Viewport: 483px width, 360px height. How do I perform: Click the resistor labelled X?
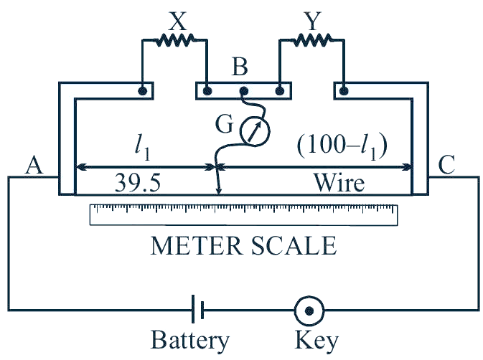(175, 40)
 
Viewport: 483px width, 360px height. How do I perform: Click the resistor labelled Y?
(312, 40)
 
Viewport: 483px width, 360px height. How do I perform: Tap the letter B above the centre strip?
(240, 67)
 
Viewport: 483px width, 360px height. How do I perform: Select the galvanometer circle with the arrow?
(255, 131)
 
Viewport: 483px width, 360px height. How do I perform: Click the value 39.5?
(137, 183)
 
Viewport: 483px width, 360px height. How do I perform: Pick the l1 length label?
(143, 148)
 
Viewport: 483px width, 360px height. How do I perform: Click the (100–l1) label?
(342, 146)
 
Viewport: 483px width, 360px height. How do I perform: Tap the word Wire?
(339, 183)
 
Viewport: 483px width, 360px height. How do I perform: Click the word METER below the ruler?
(196, 245)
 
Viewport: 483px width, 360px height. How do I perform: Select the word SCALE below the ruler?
(294, 245)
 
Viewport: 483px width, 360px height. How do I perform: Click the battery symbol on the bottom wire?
(197, 309)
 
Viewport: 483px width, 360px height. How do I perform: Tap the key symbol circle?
(309, 311)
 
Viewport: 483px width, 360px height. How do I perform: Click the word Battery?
(190, 341)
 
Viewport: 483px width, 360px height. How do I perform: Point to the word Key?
(316, 341)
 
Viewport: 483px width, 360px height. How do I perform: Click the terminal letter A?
(34, 165)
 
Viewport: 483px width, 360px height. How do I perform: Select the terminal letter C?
(446, 165)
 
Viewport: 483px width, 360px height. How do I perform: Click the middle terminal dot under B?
(244, 91)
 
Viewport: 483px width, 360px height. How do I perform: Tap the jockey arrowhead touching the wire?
(218, 191)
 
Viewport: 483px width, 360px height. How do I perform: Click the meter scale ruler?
(243, 214)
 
